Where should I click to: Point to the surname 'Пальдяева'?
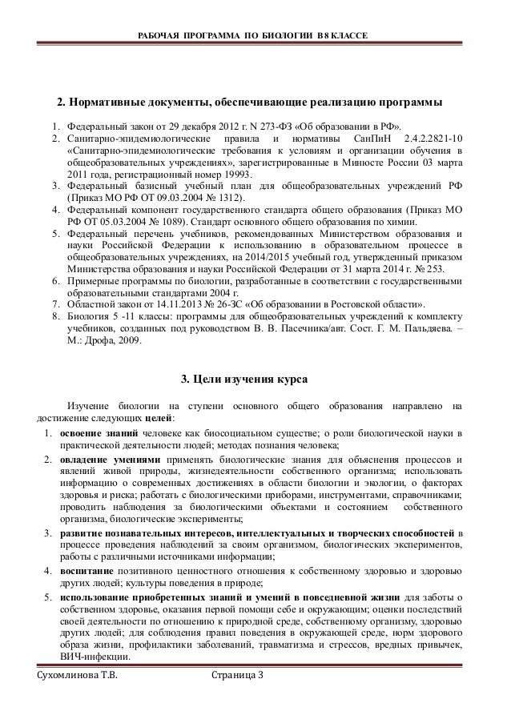[424, 327]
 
